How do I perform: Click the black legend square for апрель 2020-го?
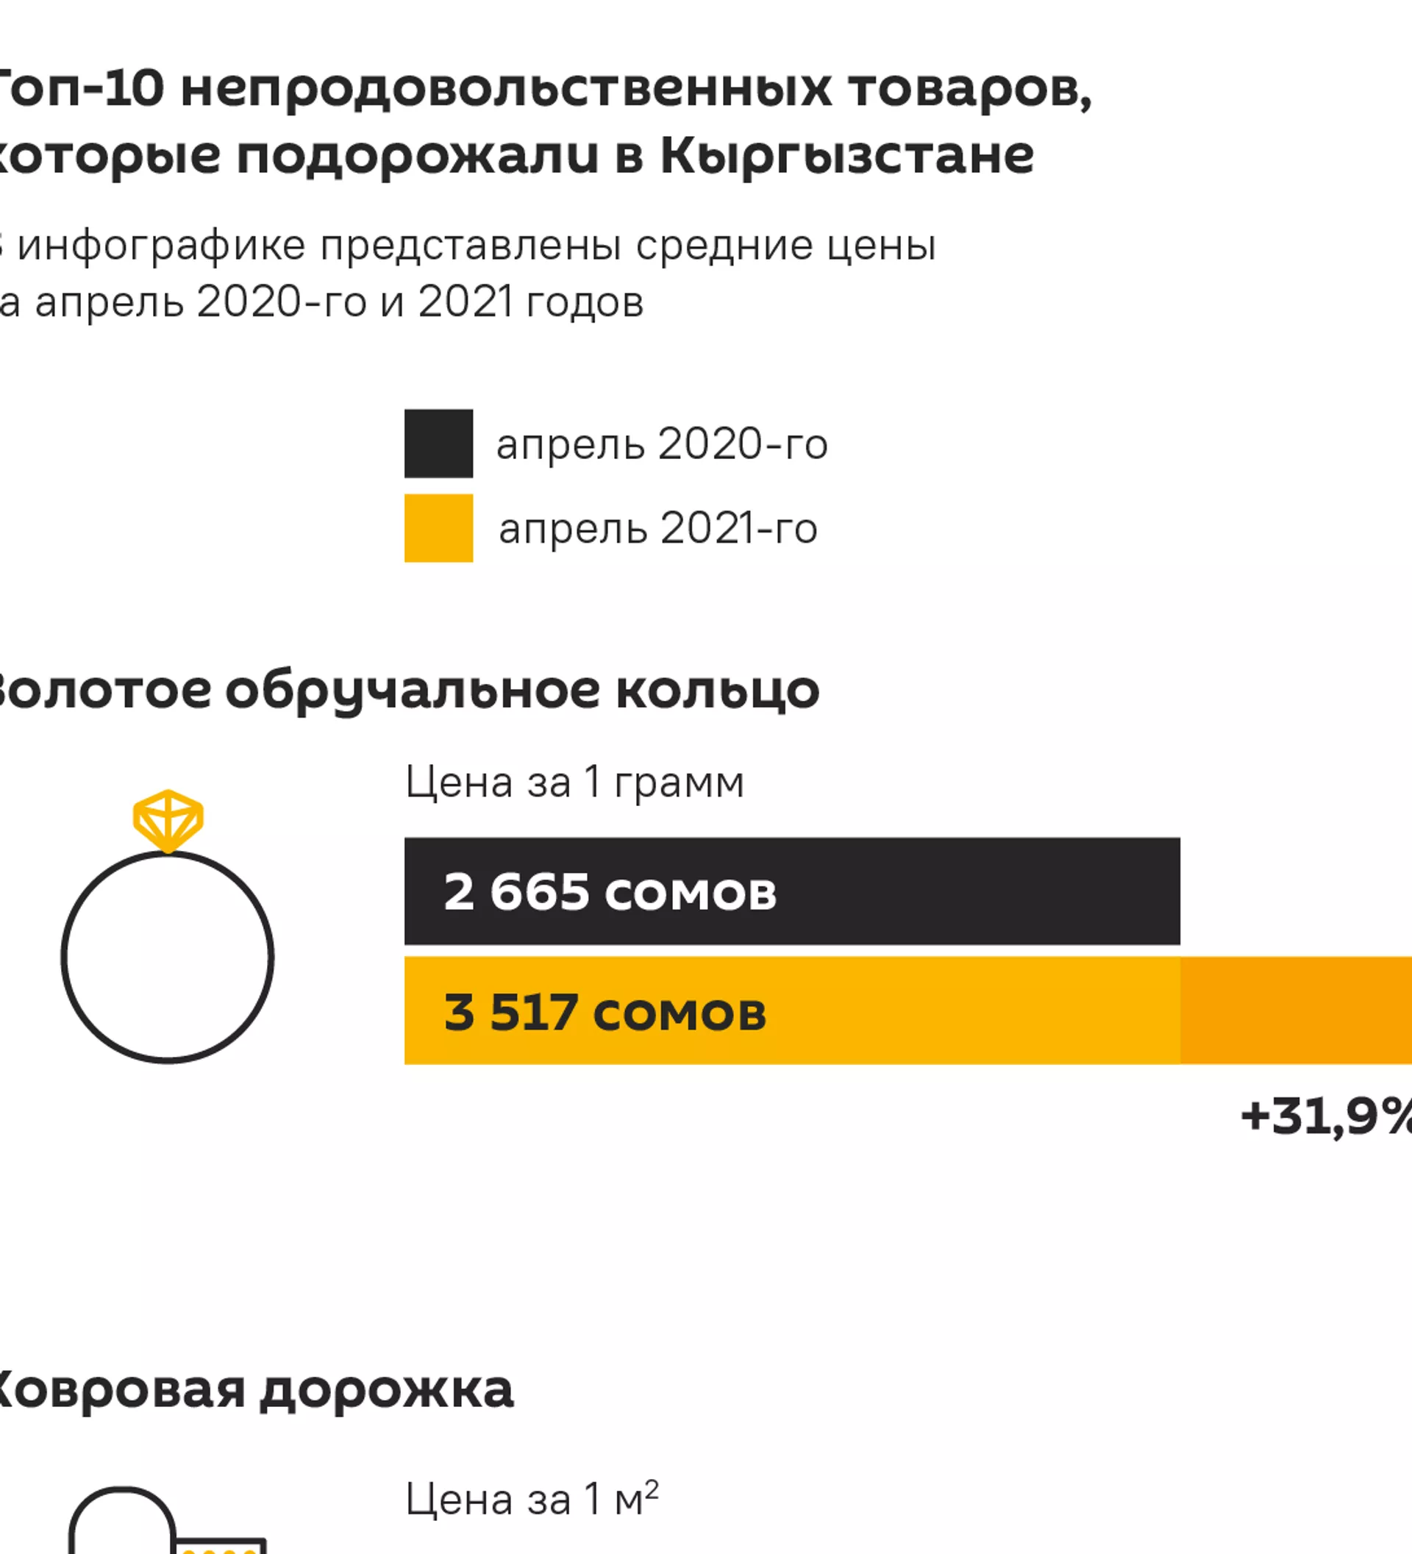point(438,443)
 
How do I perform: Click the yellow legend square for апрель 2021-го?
point(438,528)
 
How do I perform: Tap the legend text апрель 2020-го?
point(661,445)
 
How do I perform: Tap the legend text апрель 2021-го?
point(657,530)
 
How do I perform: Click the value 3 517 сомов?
point(605,1012)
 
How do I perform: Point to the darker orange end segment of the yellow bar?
point(1295,1011)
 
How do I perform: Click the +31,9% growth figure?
point(1326,1116)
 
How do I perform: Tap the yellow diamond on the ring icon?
point(168,819)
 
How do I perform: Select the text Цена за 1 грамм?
point(574,783)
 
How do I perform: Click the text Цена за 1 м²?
point(532,1500)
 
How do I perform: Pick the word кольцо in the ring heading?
point(718,690)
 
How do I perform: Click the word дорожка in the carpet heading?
point(387,1390)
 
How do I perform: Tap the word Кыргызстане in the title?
point(847,157)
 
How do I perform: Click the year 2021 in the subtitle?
point(465,302)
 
